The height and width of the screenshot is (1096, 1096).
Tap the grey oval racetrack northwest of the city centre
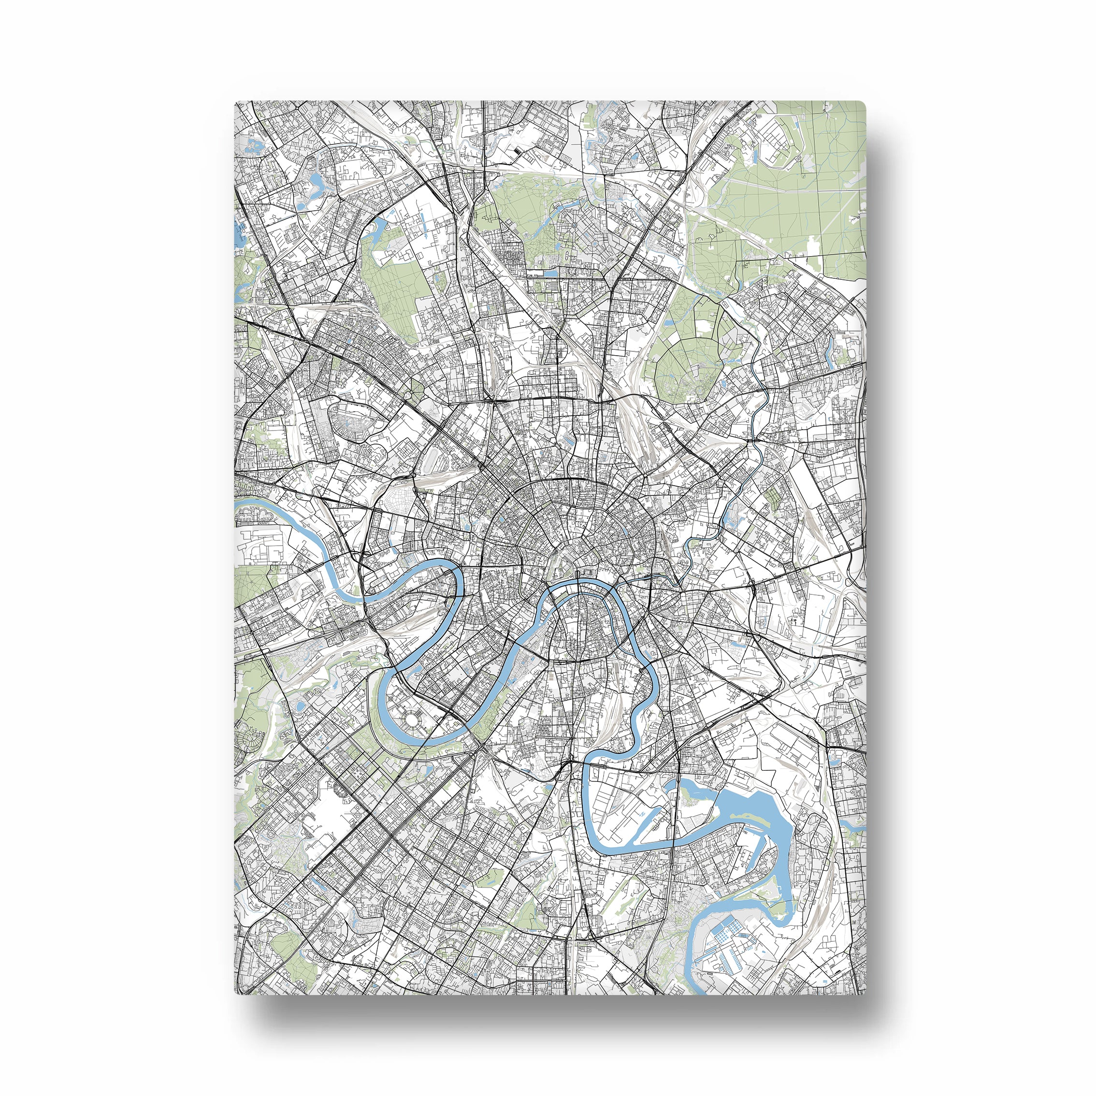[x=355, y=418]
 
